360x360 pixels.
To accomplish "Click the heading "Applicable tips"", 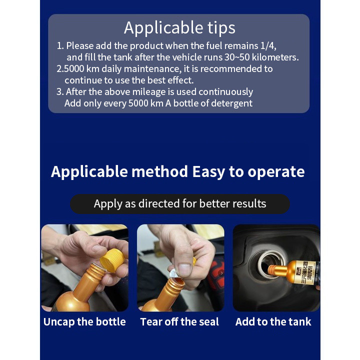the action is [x=179, y=28].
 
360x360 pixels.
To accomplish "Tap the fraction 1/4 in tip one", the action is [x=268, y=45].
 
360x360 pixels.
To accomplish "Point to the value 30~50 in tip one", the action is [x=237, y=57].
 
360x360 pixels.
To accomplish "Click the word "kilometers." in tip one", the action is [x=275, y=57].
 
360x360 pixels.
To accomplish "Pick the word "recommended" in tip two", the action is [x=231, y=69].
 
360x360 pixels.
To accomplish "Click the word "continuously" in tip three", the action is [x=225, y=92].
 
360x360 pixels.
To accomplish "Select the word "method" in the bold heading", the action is [x=159, y=171].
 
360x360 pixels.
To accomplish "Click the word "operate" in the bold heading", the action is [x=276, y=172].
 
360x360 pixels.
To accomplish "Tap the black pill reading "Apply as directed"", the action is [x=180, y=204].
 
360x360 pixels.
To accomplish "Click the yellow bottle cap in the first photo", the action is [x=112, y=260].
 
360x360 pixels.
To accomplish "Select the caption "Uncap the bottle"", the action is [x=84, y=322].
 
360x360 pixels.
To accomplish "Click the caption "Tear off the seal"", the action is [x=179, y=322].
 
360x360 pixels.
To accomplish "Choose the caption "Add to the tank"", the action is [x=273, y=322].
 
